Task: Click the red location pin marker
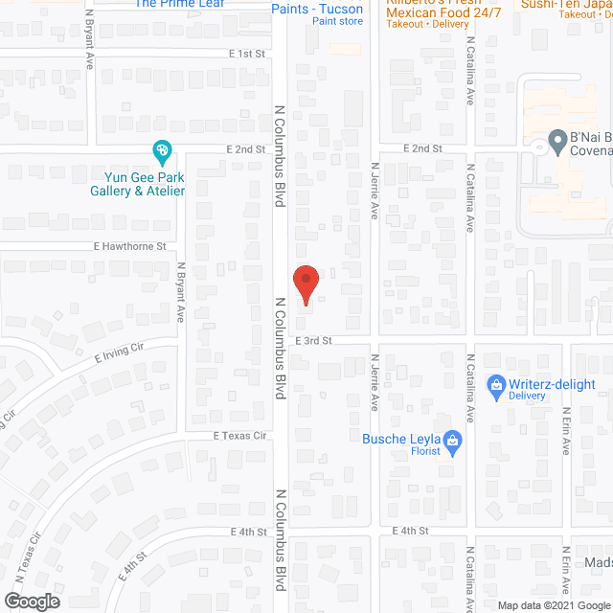(305, 284)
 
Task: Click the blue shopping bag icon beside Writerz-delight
(496, 384)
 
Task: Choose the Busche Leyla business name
(401, 440)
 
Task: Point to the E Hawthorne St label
(130, 246)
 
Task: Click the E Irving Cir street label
(119, 357)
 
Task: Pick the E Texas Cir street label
(238, 434)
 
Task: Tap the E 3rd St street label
(313, 340)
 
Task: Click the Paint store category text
(337, 21)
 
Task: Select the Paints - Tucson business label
(316, 9)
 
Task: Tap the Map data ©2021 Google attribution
(553, 604)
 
